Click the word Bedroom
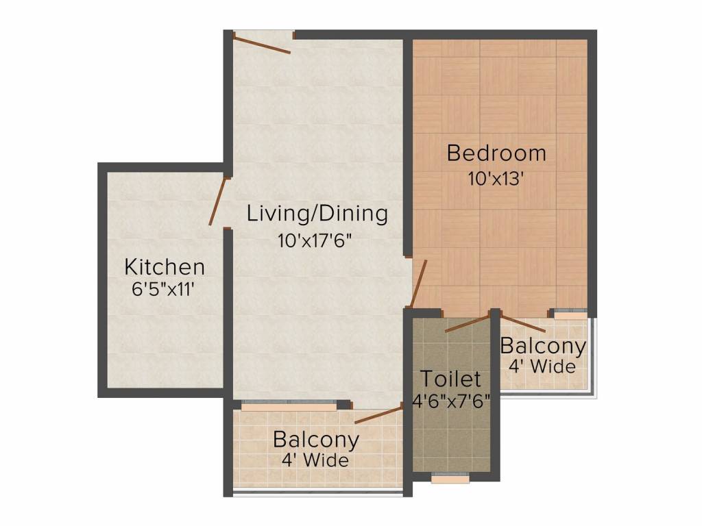pos(496,153)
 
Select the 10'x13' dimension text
pos(496,179)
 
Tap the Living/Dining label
pos(317,213)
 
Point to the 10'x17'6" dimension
pos(317,241)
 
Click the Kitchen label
pos(165,266)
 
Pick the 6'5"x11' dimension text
pos(165,289)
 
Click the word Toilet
pos(450,378)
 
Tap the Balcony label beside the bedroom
pos(543,346)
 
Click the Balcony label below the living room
pos(315,438)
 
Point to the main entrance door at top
pos(261,42)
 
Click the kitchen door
pos(218,200)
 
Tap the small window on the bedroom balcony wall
pos(570,316)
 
